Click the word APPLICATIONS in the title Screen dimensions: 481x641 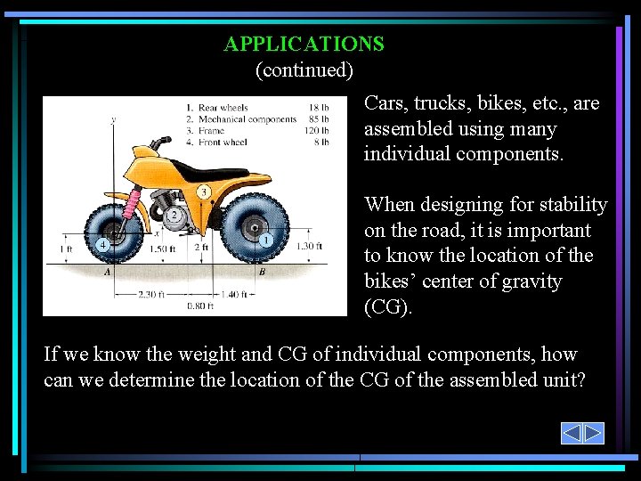click(x=304, y=44)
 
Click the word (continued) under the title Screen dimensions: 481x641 click(x=304, y=69)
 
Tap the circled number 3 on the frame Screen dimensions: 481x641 click(x=204, y=192)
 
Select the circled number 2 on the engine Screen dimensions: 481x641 click(x=175, y=215)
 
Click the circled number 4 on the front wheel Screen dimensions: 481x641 click(x=103, y=243)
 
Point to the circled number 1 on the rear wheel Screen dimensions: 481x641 click(x=266, y=240)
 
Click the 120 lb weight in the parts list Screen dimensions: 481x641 click(x=317, y=130)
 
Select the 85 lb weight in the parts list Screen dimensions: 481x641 click(x=319, y=119)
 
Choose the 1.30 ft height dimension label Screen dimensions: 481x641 click(x=308, y=246)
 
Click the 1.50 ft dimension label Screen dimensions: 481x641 click(x=163, y=249)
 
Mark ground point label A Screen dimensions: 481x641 click(x=107, y=273)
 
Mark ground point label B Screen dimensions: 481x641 click(x=262, y=273)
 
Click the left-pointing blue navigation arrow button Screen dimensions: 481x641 click(x=572, y=433)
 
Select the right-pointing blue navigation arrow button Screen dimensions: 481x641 click(x=593, y=433)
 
